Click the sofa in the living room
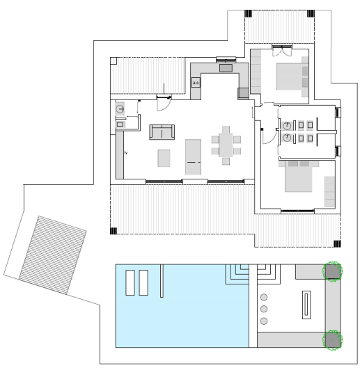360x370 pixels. click(162, 131)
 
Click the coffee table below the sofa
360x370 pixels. click(164, 158)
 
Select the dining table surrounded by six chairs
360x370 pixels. click(227, 145)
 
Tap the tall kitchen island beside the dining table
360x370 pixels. click(193, 156)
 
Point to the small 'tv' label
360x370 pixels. click(126, 151)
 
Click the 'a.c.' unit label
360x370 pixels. click(196, 82)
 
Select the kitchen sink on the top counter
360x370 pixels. click(226, 68)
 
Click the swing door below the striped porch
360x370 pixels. click(163, 103)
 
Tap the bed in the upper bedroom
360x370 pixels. click(290, 75)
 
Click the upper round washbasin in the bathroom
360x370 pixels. click(287, 125)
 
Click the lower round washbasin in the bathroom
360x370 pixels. click(287, 138)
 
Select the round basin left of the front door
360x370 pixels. click(120, 109)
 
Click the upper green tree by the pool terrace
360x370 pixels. click(332, 270)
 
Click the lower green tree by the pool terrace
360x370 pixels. click(332, 339)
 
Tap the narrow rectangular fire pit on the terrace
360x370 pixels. click(305, 304)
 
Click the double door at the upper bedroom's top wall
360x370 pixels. click(280, 49)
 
